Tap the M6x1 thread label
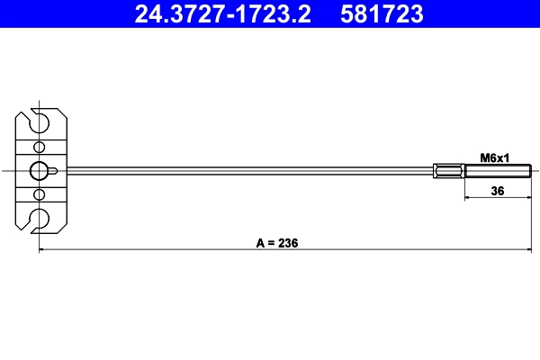[x=494, y=157]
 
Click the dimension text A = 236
[x=276, y=243]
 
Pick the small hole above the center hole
[x=39, y=148]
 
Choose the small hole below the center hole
[x=39, y=193]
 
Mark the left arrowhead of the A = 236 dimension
[x=42, y=250]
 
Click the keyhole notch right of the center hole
[x=57, y=170]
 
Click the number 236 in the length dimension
[x=287, y=243]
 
